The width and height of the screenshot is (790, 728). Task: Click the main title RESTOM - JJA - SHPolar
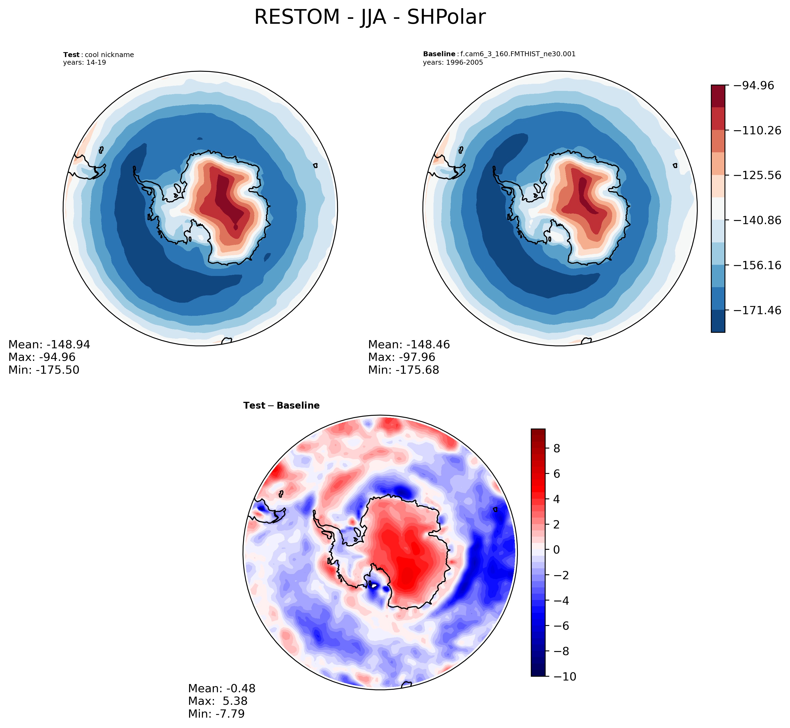point(370,17)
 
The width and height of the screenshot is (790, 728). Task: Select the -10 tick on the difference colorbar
point(564,676)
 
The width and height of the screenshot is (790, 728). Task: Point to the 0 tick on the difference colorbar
point(556,549)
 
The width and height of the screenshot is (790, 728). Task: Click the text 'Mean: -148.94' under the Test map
point(49,345)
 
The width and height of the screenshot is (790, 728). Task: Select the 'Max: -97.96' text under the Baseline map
point(402,357)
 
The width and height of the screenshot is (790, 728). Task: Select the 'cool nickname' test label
point(109,55)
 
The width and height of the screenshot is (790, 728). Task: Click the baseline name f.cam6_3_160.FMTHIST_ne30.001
point(517,54)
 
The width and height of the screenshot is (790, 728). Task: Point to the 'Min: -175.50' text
point(44,370)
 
